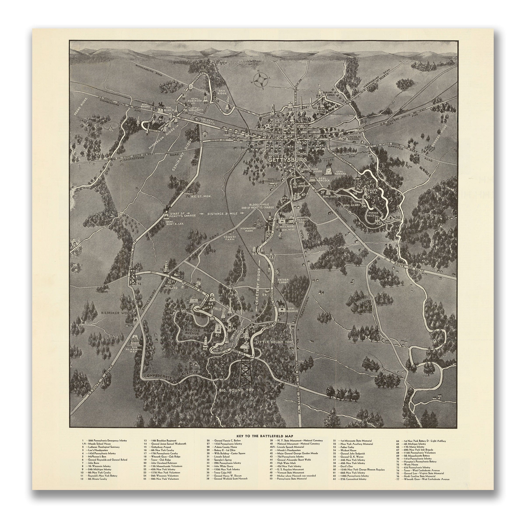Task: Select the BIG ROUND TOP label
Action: click(x=237, y=390)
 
